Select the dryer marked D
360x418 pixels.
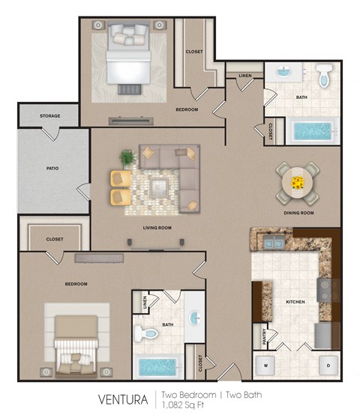coord(327,365)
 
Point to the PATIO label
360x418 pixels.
coord(51,168)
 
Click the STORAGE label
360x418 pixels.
coord(50,116)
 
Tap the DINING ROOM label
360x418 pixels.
coord(298,213)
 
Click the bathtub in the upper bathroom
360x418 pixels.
coord(312,130)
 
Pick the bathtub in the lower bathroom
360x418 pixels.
coord(157,367)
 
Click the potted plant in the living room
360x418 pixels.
coord(127,158)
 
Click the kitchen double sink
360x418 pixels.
coord(269,242)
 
